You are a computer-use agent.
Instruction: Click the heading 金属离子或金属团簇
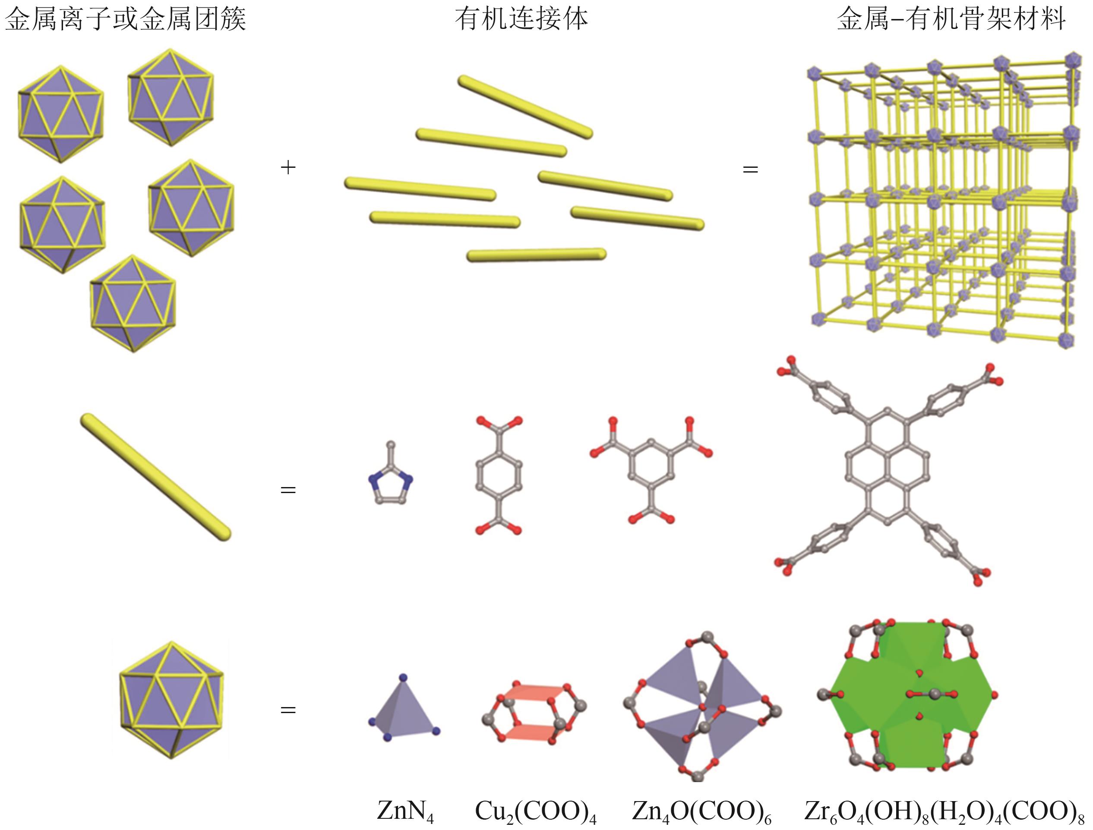(x=125, y=20)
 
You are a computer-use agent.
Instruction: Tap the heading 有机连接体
(x=521, y=20)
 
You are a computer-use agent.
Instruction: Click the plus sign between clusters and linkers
(x=287, y=168)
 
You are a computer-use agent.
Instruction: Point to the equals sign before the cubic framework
(x=750, y=170)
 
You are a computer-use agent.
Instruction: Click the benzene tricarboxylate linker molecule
(x=651, y=469)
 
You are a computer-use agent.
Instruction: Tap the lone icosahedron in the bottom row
(x=171, y=700)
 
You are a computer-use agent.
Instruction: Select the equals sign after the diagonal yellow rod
(x=287, y=490)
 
